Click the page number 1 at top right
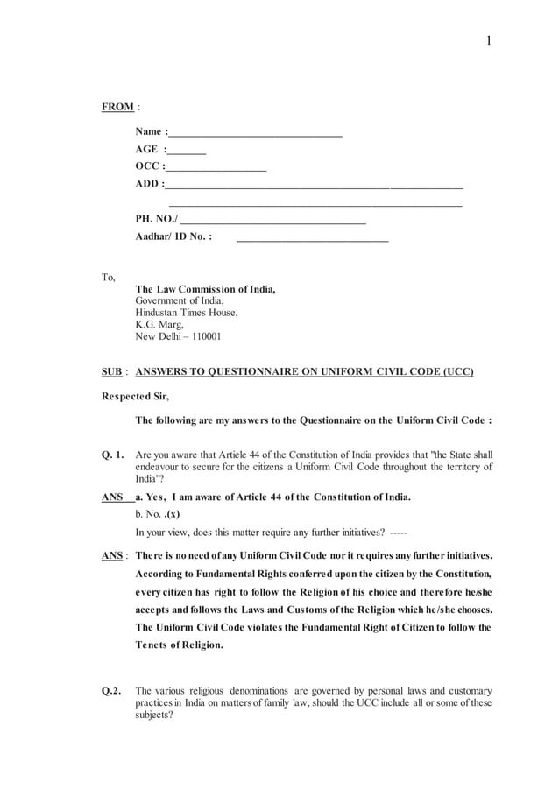(489, 39)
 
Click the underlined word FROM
(117, 107)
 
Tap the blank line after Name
(254, 135)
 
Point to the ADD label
(148, 184)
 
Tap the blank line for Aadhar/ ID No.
(312, 237)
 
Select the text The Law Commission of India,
(205, 289)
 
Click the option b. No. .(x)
(157, 514)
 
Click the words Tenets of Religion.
(179, 645)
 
